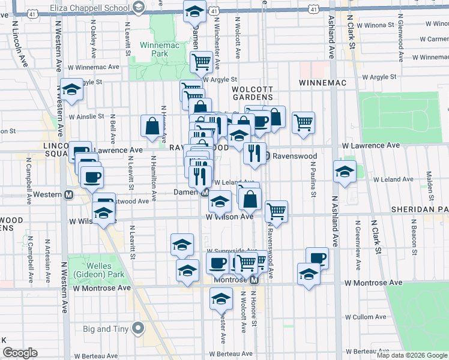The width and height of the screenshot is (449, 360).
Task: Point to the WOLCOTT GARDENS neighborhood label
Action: [253, 93]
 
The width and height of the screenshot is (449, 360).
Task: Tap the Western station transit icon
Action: [69, 195]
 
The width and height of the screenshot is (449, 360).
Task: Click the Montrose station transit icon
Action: [254, 280]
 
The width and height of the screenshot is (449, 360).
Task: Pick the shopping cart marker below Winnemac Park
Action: [200, 61]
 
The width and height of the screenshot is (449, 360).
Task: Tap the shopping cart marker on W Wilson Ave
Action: [276, 211]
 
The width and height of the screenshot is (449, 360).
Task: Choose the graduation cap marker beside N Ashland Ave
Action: [345, 172]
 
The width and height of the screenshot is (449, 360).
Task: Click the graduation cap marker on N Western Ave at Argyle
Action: [71, 90]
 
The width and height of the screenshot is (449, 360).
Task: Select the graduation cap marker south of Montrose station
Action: [221, 298]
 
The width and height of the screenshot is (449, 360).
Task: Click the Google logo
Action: [20, 353]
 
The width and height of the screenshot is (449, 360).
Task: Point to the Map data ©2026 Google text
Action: [411, 355]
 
